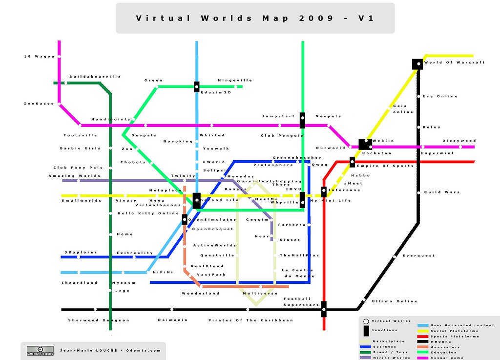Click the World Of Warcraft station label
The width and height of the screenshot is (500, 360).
point(454,63)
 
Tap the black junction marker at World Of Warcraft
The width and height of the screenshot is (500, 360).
point(417,64)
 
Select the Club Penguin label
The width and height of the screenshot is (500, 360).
point(282,136)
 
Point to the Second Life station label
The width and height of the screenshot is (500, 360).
point(219,200)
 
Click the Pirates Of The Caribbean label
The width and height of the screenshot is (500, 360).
point(250,320)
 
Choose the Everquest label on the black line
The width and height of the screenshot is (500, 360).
point(418,256)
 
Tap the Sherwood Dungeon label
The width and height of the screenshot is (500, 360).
point(99,320)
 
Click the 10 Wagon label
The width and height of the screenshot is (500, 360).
point(40,57)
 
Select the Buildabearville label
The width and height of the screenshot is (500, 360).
point(95,77)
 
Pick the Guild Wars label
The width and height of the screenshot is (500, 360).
point(442,192)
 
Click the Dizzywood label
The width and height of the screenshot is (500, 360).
point(459,141)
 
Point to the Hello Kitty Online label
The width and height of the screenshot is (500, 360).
point(148,213)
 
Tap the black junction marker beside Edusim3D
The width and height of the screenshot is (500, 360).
point(196,87)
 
